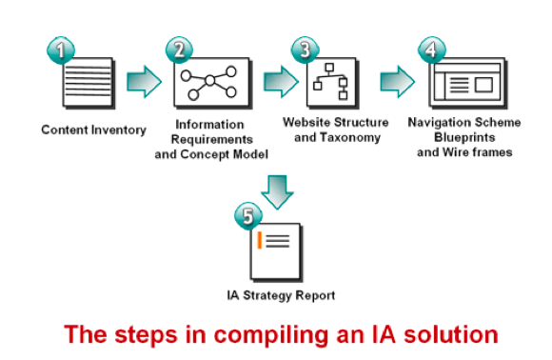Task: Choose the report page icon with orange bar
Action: [x=275, y=250]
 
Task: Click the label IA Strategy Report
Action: [x=280, y=296]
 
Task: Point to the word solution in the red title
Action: [x=446, y=335]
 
